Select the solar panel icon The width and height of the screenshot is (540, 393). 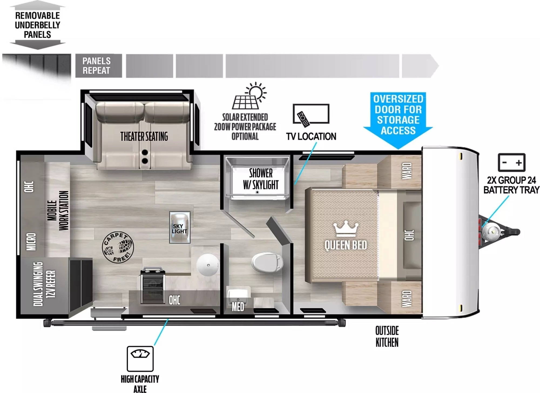click(249, 96)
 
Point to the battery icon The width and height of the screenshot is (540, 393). click(511, 163)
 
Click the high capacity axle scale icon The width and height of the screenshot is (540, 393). click(140, 359)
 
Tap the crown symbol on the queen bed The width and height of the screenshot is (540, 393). click(346, 229)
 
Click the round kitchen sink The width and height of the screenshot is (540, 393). click(208, 265)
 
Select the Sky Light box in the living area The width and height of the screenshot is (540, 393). click(180, 227)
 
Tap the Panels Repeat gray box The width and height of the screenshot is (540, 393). click(99, 66)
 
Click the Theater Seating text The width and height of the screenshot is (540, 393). click(144, 136)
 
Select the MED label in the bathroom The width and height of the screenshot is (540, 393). click(238, 307)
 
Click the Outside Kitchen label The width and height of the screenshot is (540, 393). click(387, 337)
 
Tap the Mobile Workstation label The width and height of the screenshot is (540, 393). click(58, 211)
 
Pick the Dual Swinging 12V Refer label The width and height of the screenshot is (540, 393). click(44, 284)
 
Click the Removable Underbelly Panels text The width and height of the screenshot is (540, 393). click(38, 25)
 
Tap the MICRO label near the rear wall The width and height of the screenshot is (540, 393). click(31, 242)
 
